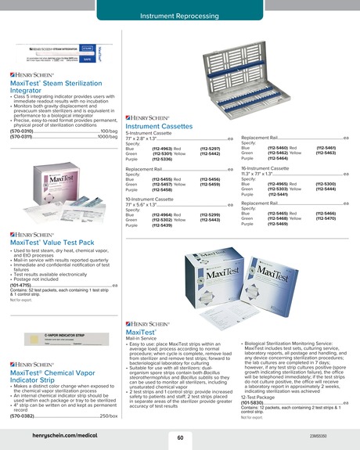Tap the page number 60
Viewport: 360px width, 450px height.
pyautogui.click(x=180, y=437)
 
